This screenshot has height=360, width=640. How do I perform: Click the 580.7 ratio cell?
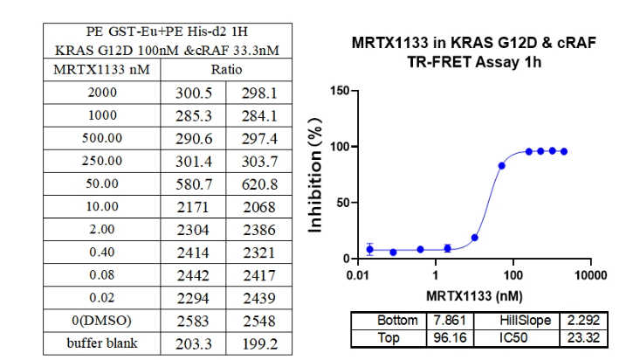tap(193, 183)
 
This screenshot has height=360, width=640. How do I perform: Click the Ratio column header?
tap(225, 68)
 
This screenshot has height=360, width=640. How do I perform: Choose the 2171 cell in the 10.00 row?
tap(193, 206)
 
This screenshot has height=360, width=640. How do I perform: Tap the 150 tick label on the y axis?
tap(336, 91)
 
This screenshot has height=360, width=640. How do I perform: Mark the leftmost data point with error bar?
tap(370, 249)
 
